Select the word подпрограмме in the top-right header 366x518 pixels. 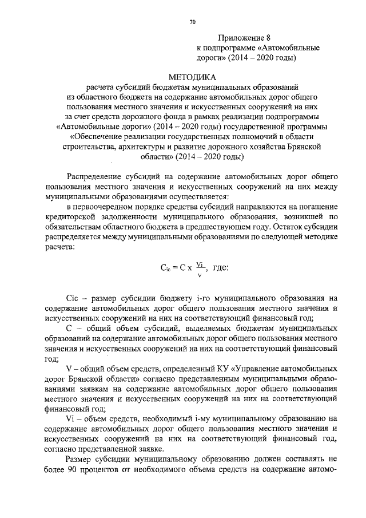click(231, 48)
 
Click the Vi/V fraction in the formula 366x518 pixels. click(199, 268)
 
